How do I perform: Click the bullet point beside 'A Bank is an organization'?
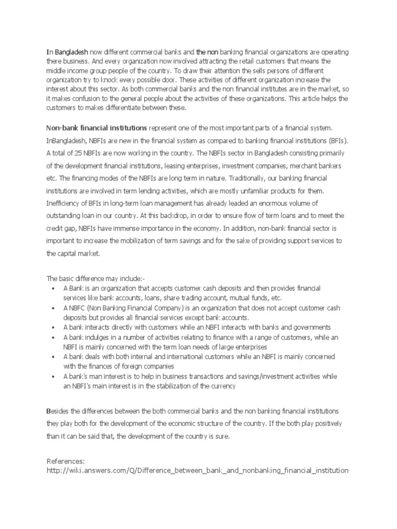[x=54, y=288]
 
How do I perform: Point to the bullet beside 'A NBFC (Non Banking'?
[x=54, y=307]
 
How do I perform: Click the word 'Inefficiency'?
[x=64, y=204]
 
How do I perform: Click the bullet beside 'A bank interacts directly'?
[x=54, y=327]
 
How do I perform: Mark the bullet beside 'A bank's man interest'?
[x=54, y=377]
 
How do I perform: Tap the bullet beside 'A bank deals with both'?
[x=54, y=357]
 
